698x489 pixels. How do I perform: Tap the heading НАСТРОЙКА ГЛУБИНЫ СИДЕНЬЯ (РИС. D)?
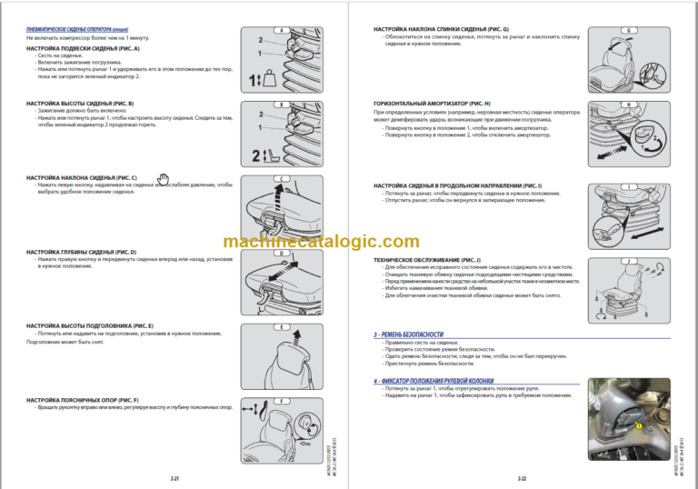[x=81, y=251]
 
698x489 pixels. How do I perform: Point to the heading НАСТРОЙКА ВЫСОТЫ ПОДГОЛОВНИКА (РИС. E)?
[x=90, y=325]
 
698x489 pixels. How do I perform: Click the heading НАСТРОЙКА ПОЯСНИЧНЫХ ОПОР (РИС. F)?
[x=83, y=400]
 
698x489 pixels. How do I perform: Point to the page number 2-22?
[x=523, y=477]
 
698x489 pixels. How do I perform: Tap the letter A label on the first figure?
[x=282, y=31]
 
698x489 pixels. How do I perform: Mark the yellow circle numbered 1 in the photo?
[x=639, y=424]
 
